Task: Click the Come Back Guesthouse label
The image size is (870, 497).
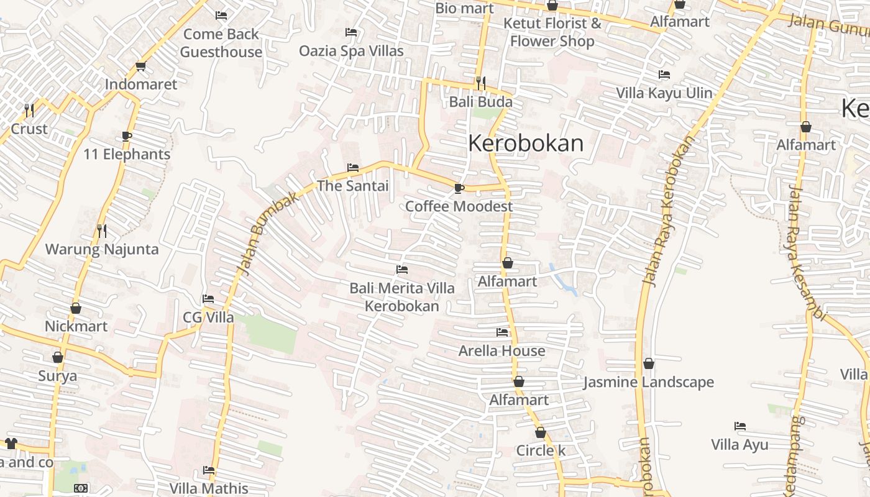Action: [221, 43]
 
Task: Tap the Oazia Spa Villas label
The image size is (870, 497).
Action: [351, 51]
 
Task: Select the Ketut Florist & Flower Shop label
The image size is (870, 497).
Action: [552, 32]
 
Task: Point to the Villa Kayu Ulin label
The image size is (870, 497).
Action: [664, 93]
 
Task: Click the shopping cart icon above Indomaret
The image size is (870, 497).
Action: [140, 66]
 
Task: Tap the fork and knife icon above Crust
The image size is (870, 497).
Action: [29, 111]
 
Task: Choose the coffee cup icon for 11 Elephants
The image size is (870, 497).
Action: [127, 136]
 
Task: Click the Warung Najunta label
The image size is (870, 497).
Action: [102, 250]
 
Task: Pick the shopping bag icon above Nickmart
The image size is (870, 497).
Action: [76, 308]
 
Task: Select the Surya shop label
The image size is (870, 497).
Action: [58, 376]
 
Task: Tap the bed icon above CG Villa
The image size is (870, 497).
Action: [208, 299]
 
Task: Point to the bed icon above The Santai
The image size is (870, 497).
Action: [352, 168]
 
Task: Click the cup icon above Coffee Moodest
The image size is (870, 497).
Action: [459, 188]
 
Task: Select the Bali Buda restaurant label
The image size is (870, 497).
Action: [480, 102]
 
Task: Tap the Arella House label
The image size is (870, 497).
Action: [501, 351]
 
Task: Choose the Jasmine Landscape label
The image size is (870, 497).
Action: [648, 382]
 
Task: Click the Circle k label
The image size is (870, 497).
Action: [541, 451]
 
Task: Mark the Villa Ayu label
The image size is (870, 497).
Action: [739, 445]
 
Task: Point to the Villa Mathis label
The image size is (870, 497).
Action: [209, 488]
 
